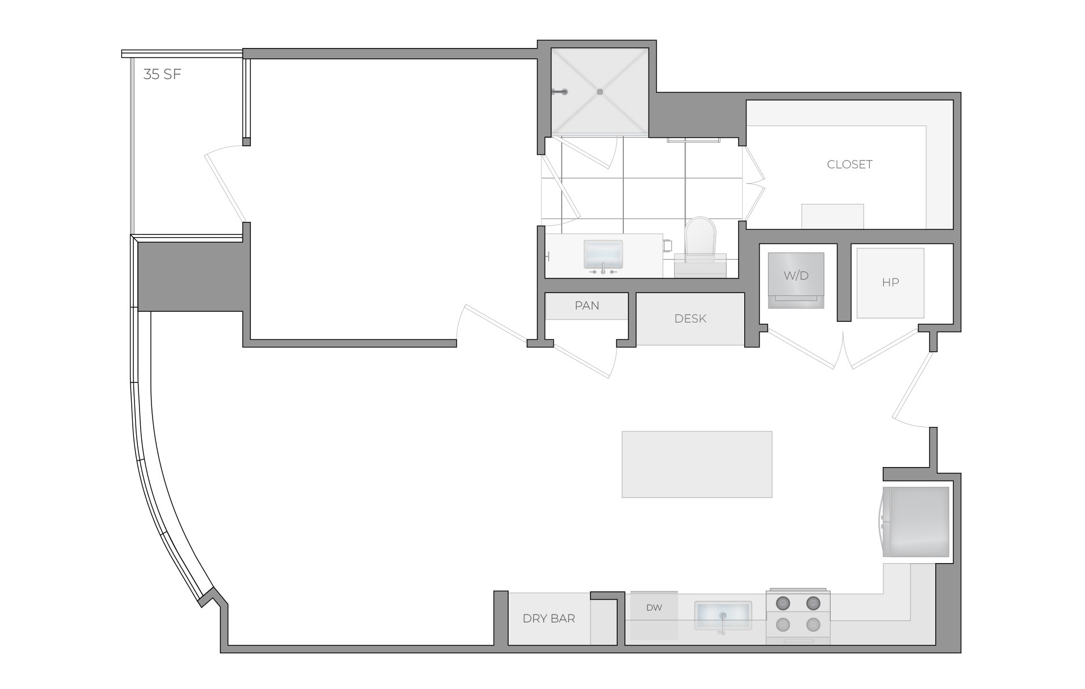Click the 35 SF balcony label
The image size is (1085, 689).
[x=162, y=75]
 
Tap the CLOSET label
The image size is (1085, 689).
[x=849, y=164]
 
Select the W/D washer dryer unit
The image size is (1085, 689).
[x=796, y=280]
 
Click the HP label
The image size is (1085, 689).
[x=890, y=282]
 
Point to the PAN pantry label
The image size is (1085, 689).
[x=587, y=306]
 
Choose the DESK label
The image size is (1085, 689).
[x=690, y=319]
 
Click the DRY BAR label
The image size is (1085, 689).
[x=549, y=618]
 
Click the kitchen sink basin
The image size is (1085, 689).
[x=723, y=614]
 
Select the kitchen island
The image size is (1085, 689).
[x=697, y=464]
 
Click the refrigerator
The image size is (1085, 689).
[x=917, y=522]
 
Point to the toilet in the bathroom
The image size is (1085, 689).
[x=700, y=240]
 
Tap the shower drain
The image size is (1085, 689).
[x=600, y=91]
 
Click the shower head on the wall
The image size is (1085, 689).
[x=559, y=91]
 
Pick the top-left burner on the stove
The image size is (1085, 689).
[x=783, y=604]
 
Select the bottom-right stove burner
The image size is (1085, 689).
[x=813, y=625]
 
